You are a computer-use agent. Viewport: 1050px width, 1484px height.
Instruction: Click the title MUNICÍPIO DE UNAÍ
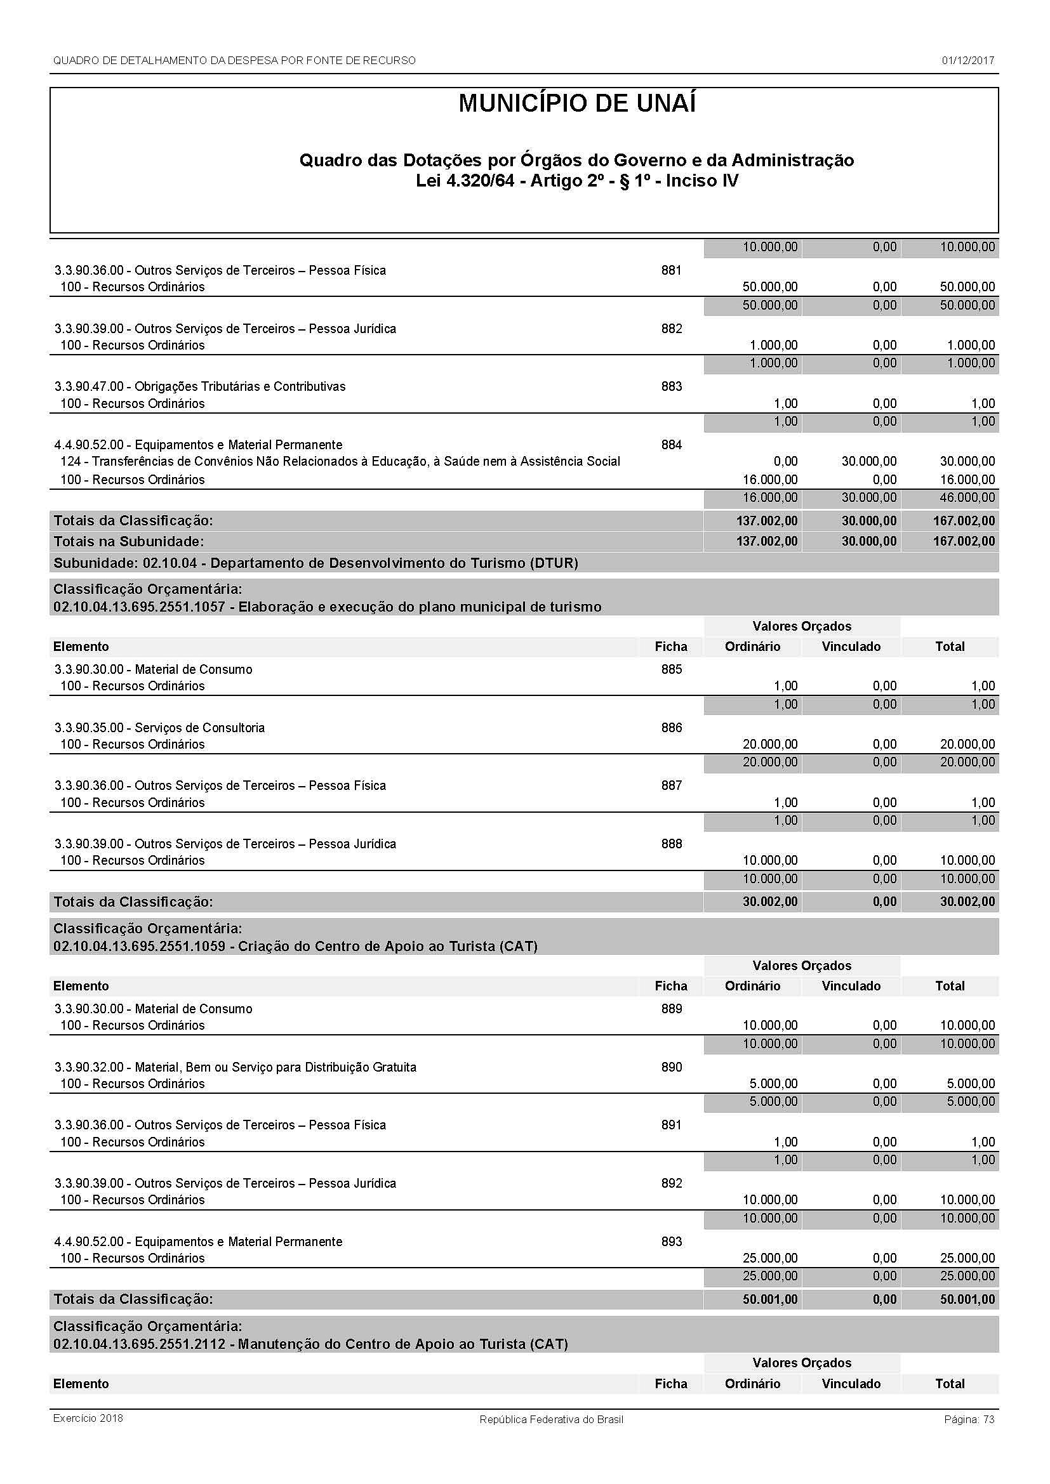[x=576, y=104]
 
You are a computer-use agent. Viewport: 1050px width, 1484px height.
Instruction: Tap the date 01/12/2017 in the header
[x=967, y=61]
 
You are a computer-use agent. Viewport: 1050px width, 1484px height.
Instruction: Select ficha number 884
[x=671, y=445]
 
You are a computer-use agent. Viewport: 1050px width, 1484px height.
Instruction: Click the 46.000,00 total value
[x=967, y=497]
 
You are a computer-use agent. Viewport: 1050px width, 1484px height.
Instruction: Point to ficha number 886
[x=671, y=727]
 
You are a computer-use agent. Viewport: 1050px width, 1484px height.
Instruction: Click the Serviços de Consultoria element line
[x=159, y=727]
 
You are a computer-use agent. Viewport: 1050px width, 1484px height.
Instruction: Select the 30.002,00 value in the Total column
[x=967, y=902]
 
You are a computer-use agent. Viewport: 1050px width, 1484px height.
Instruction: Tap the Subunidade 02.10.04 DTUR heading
[x=316, y=563]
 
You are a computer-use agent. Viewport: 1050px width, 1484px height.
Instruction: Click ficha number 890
[x=671, y=1067]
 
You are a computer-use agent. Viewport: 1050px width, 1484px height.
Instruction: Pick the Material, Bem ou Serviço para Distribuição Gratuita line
[x=236, y=1067]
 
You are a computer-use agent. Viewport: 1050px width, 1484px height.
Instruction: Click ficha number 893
[x=671, y=1242]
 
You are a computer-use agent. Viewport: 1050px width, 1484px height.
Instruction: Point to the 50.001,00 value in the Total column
[x=967, y=1299]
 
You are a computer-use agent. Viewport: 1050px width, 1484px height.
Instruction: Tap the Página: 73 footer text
[x=969, y=1419]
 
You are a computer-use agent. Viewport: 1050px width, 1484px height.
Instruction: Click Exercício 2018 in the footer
[x=88, y=1418]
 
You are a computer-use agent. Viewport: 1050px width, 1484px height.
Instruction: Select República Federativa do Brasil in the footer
[x=551, y=1419]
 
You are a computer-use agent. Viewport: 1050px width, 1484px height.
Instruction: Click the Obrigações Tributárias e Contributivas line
[x=200, y=386]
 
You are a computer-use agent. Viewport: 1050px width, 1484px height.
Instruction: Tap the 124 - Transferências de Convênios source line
[x=340, y=461]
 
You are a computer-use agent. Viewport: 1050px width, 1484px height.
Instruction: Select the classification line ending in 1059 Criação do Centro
[x=295, y=946]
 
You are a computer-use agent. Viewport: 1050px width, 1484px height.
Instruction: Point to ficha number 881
[x=671, y=270]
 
